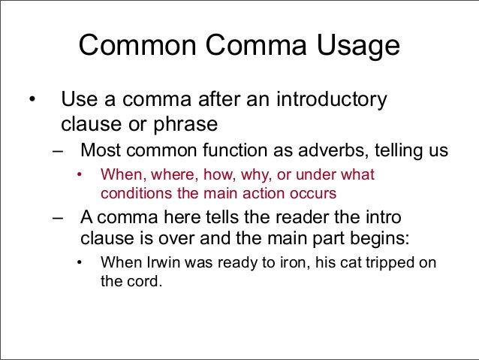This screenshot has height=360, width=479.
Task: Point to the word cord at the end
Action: coord(145,284)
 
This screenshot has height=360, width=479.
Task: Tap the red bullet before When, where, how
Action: coord(80,176)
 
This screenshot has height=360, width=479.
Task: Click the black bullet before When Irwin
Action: coord(80,264)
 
